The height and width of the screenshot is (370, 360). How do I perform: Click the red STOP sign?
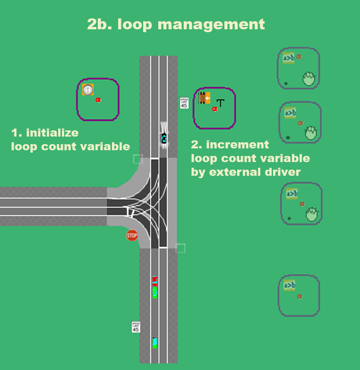[132, 235]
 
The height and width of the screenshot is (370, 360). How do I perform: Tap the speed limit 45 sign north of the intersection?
[184, 103]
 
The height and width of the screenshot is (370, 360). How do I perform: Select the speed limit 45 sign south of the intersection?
[136, 327]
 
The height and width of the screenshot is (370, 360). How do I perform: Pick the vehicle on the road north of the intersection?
[164, 138]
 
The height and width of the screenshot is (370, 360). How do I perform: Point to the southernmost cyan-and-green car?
[154, 343]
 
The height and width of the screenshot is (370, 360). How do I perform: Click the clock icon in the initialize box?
[87, 89]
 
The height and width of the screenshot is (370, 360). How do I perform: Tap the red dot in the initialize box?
[98, 100]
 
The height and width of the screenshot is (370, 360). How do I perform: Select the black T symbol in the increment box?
[220, 102]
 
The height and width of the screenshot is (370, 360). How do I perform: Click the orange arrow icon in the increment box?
[205, 98]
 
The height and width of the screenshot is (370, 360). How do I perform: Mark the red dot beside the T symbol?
[214, 109]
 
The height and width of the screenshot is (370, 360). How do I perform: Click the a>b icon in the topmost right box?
[288, 58]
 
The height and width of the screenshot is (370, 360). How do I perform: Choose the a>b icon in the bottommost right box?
[289, 285]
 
